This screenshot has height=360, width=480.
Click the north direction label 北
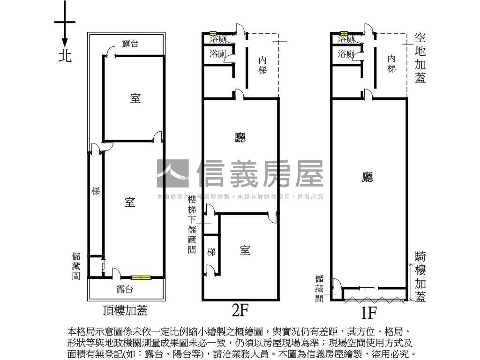[65, 56]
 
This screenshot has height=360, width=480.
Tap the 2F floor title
[240, 310]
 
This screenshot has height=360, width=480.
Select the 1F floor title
[369, 311]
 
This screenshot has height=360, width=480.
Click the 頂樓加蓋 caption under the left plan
[125, 310]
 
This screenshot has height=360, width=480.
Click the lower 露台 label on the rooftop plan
[125, 289]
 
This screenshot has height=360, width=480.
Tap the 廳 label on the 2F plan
[240, 137]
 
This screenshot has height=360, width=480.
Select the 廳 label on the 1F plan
[368, 177]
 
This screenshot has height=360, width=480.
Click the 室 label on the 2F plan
[245, 250]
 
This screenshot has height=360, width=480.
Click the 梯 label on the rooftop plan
[96, 191]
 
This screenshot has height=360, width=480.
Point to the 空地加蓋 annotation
[420, 58]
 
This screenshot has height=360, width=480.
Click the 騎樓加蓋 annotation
[420, 277]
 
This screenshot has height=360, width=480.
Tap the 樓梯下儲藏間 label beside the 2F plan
[192, 225]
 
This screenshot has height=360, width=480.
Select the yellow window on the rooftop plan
[141, 277]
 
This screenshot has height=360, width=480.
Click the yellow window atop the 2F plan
[213, 33]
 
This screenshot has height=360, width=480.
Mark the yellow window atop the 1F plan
[344, 33]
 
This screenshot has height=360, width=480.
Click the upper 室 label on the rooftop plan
[135, 99]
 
